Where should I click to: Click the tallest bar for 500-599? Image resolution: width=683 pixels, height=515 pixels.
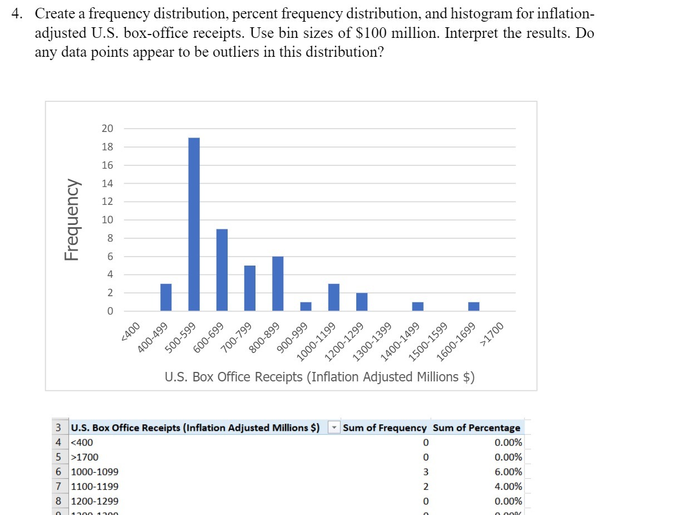[194, 224]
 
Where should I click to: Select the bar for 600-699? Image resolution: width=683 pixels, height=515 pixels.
[222, 269]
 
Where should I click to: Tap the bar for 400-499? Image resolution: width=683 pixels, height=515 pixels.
[166, 297]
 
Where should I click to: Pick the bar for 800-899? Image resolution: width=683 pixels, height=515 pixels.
[278, 283]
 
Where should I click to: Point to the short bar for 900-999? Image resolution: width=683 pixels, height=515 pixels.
[306, 306]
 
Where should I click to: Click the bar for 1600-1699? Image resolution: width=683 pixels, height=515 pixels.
[474, 306]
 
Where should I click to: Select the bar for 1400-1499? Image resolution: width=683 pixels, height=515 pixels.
[417, 306]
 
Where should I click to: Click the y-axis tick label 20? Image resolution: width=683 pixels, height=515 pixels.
[107, 129]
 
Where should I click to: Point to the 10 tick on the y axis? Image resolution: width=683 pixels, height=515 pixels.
[107, 220]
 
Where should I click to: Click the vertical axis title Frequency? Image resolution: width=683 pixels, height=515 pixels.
[71, 219]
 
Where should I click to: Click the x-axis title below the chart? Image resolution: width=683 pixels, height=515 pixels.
[320, 377]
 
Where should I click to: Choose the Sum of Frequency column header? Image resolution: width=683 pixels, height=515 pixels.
[385, 428]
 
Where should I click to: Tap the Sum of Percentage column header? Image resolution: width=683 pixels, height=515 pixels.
[476, 428]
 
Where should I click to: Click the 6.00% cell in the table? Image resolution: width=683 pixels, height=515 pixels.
[508, 472]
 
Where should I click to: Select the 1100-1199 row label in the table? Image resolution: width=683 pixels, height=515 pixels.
[95, 486]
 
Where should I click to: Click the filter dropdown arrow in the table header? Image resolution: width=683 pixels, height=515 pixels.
[333, 428]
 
